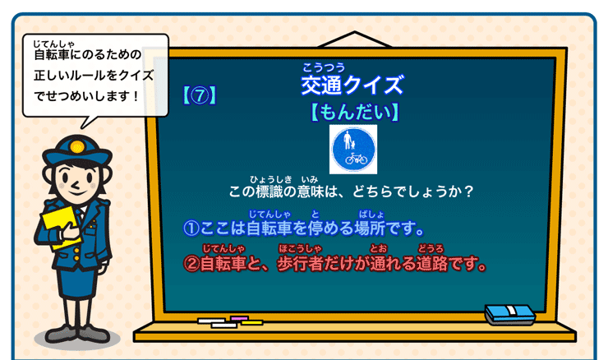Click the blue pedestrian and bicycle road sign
352,150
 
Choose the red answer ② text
334,265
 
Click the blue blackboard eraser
509,313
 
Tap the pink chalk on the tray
239,317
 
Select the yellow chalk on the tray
251,322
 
